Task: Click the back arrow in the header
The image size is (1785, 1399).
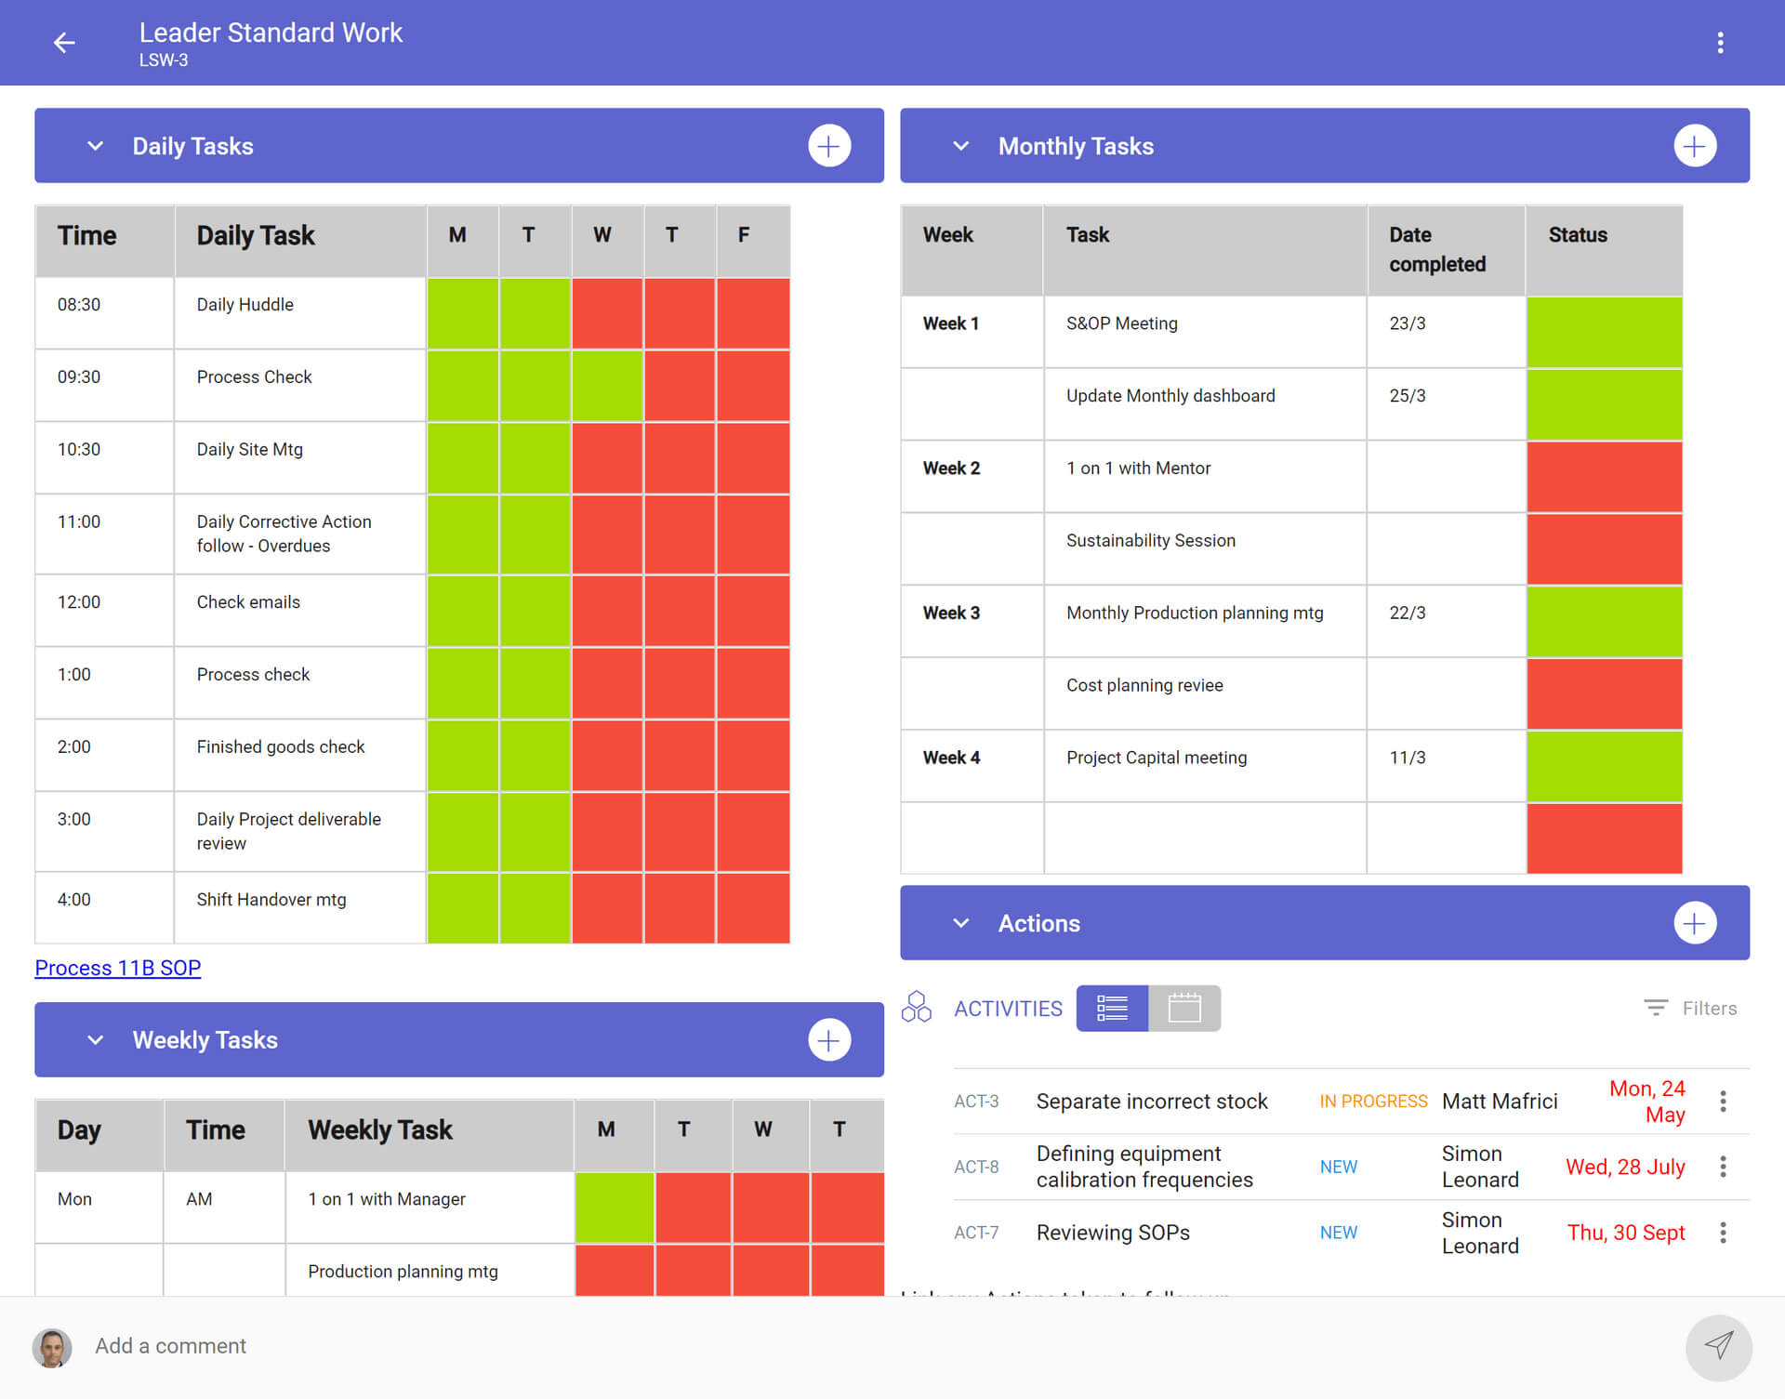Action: click(x=64, y=43)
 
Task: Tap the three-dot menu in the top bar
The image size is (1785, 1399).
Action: click(x=1720, y=43)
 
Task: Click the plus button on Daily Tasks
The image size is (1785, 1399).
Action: click(x=828, y=146)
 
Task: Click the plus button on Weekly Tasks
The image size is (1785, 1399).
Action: click(x=828, y=1040)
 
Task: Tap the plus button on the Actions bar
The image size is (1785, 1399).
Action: click(x=1694, y=923)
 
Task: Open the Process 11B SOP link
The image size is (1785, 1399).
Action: click(x=118, y=968)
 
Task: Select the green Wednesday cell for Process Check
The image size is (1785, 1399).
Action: click(x=607, y=385)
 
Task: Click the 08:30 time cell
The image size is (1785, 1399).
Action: click(x=80, y=305)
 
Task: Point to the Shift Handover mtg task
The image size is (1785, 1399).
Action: click(x=271, y=900)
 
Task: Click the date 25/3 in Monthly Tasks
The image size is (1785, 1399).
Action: click(x=1407, y=396)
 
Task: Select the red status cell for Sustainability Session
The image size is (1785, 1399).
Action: click(x=1604, y=548)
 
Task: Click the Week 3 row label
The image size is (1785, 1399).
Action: click(x=951, y=613)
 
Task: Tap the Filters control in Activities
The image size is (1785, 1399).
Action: click(x=1691, y=1009)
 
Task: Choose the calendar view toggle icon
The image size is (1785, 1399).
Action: click(x=1184, y=1009)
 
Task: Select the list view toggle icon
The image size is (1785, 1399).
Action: click(x=1112, y=1009)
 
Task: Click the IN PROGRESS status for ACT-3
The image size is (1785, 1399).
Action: click(x=1372, y=1102)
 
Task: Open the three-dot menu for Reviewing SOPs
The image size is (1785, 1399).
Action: click(x=1723, y=1233)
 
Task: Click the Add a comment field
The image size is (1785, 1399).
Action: click(x=170, y=1346)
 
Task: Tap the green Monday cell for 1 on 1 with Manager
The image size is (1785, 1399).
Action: click(x=614, y=1207)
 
